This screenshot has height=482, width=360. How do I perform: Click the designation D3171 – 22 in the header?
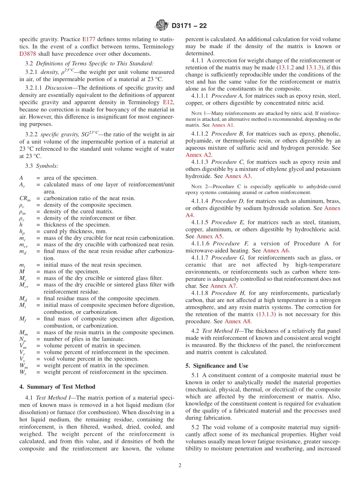coord(189,26)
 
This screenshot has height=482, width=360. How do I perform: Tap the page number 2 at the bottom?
coord(180,466)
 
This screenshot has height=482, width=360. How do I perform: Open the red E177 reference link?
coord(87,39)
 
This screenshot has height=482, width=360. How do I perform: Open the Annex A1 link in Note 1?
coord(222,125)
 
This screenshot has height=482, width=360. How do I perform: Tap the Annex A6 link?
coord(276,250)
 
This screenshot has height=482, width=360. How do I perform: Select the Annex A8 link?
coord(238,321)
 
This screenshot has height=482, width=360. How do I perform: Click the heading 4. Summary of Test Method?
coord(57,387)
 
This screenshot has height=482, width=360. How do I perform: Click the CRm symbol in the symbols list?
coord(25,198)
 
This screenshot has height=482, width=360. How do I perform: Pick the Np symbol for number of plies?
coord(22,339)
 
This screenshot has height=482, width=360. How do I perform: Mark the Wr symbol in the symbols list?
coord(23,372)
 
